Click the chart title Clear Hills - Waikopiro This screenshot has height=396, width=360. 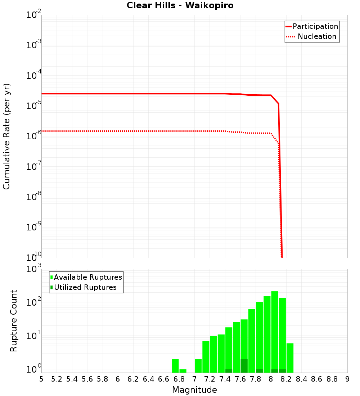[x=180, y=5]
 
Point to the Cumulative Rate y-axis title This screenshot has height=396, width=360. [x=6, y=136]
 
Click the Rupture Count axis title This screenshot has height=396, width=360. [x=14, y=320]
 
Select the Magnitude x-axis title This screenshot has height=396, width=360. [x=194, y=390]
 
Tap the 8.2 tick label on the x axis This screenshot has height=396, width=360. [x=286, y=379]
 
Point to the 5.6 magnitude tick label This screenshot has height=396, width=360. [x=87, y=379]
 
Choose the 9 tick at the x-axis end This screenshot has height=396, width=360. [x=347, y=379]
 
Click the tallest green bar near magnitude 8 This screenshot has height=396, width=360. [x=275, y=331]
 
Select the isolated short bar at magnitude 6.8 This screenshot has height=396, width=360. [x=183, y=371]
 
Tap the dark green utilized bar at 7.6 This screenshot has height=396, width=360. [x=244, y=366]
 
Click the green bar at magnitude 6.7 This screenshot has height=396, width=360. [x=175, y=366]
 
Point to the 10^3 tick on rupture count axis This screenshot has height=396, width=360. [x=34, y=269]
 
